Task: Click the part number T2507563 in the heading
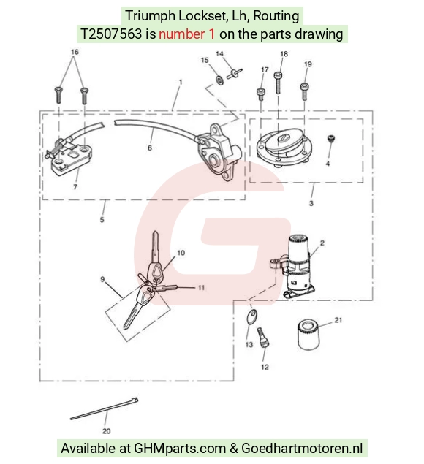111,34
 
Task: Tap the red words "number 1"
187,34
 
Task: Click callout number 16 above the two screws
75,52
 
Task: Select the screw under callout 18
278,83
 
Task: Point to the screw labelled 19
304,91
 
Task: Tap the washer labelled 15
220,80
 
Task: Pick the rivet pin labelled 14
235,73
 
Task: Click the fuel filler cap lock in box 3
284,147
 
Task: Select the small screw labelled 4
330,139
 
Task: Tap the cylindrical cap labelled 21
308,334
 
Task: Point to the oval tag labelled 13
252,316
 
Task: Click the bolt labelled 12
263,338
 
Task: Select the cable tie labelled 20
105,408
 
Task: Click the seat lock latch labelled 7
69,157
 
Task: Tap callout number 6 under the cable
150,148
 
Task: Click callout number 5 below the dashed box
102,219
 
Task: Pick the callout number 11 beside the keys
201,287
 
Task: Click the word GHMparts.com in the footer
180,448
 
